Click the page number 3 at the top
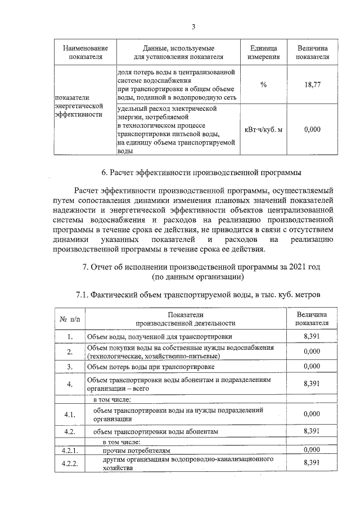pyautogui.click(x=193, y=27)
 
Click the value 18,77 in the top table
pyautogui.click(x=312, y=84)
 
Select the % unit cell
pyautogui.click(x=263, y=84)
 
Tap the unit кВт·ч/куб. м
pyautogui.click(x=263, y=129)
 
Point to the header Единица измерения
pyautogui.click(x=263, y=52)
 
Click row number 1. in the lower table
pyautogui.click(x=70, y=337)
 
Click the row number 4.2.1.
pyautogui.click(x=70, y=451)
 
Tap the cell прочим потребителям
pyautogui.click(x=135, y=451)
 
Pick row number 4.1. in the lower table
pyautogui.click(x=70, y=415)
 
